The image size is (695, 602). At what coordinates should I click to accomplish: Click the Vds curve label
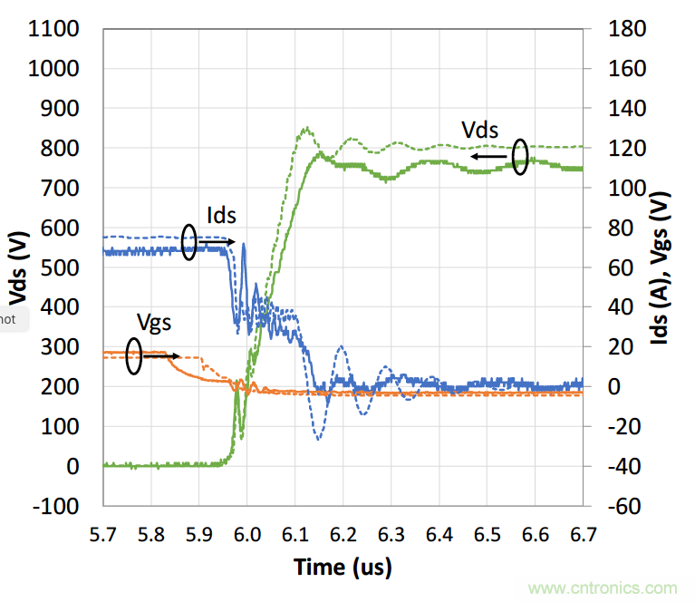(480, 130)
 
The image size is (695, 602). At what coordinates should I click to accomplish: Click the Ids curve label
(221, 215)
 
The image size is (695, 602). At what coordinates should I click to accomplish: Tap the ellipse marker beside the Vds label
(520, 156)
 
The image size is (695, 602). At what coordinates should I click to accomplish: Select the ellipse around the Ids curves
(189, 242)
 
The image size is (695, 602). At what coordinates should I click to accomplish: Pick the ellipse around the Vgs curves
(134, 356)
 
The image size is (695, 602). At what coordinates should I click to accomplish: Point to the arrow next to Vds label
(488, 156)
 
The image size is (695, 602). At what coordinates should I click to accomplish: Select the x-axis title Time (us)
(343, 568)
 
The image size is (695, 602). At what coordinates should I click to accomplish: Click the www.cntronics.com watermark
(603, 588)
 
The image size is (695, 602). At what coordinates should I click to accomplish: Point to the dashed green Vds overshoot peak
(306, 129)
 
